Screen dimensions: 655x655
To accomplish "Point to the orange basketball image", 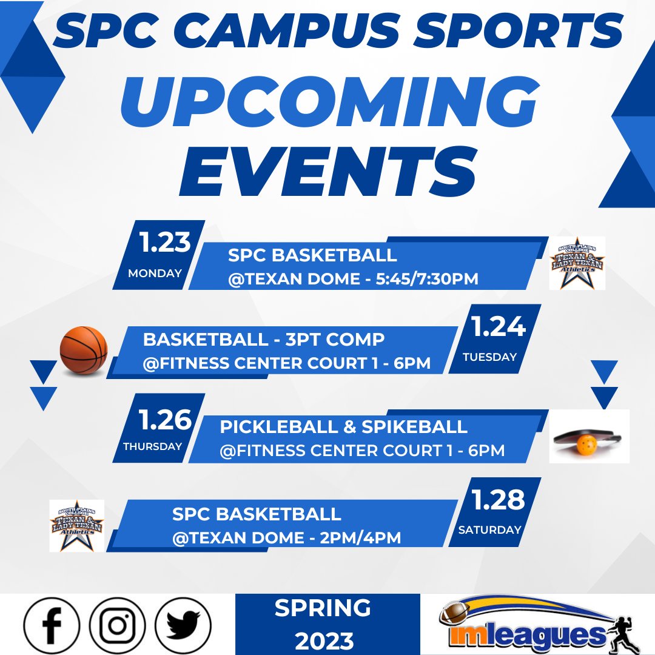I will click(x=84, y=350).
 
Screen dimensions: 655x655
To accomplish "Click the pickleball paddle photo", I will click(x=589, y=436).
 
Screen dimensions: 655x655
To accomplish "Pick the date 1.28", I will click(x=499, y=500).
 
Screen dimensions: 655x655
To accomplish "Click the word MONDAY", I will click(x=155, y=273).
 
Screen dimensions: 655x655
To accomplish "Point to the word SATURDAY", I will click(x=489, y=529).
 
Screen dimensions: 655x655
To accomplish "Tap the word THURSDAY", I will click(x=152, y=446).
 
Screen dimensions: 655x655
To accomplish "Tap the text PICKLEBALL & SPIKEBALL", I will click(x=343, y=426).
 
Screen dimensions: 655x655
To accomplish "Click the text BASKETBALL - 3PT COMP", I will click(x=264, y=339).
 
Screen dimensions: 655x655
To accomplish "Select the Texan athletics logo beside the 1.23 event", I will click(x=577, y=263).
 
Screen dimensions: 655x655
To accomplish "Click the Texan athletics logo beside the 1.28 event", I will click(x=77, y=525).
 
